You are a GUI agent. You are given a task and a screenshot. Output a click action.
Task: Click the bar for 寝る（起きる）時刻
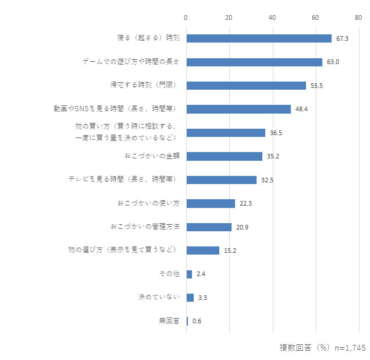259,38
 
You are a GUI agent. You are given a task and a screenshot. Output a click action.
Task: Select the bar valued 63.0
254,62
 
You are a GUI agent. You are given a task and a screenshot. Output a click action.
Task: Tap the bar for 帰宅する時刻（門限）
246,86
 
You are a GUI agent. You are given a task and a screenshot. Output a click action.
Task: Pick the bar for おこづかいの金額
224,156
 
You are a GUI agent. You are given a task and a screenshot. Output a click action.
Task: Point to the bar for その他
189,274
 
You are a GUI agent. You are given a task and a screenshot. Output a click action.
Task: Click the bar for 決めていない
190,298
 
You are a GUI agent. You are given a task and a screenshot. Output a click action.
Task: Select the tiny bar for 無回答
187,321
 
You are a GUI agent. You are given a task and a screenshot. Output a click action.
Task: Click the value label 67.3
342,38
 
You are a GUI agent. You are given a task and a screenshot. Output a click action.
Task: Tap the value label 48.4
301,109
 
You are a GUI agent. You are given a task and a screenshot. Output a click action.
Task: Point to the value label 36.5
276,133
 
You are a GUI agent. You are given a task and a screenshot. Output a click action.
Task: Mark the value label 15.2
230,250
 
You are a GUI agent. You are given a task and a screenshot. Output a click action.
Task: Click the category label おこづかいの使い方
148,203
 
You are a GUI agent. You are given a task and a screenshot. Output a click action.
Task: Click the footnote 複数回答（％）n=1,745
322,348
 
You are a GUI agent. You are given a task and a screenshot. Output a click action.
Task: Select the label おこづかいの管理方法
144,227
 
